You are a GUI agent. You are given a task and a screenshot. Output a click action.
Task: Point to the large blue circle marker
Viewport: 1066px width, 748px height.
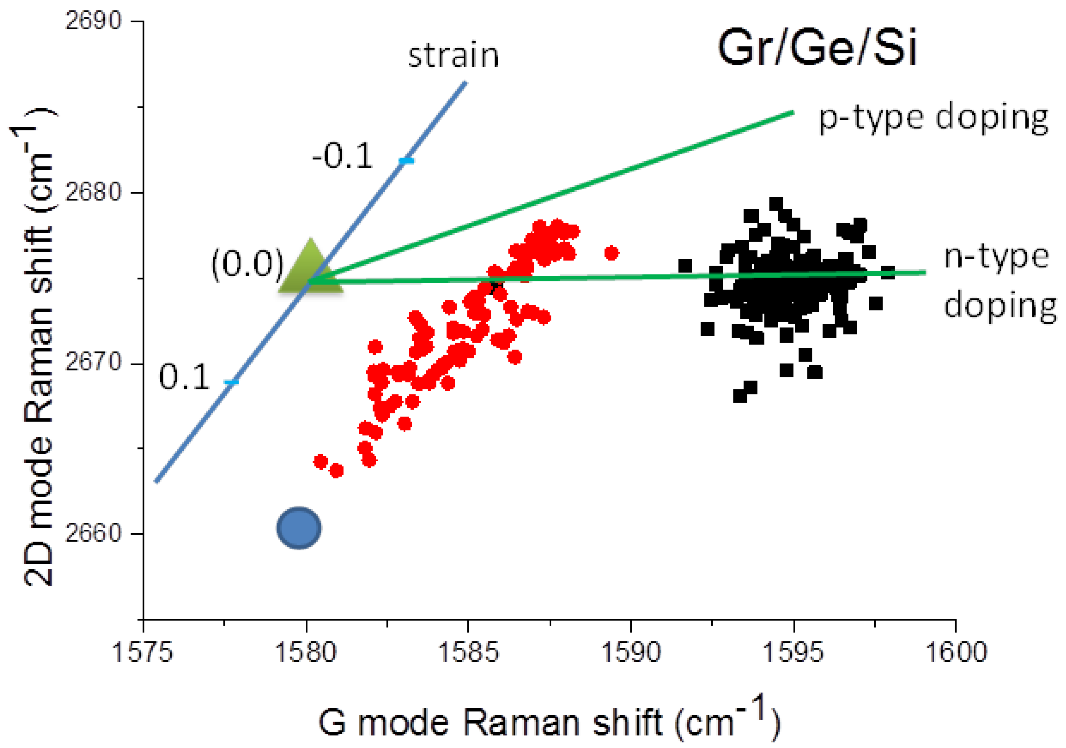pos(299,528)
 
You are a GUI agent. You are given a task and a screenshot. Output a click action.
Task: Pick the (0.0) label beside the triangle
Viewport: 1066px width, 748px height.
pos(247,264)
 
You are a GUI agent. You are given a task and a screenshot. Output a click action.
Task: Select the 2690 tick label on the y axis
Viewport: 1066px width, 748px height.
pos(93,21)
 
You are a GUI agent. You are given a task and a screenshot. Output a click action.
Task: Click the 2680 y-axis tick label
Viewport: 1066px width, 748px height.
pos(93,192)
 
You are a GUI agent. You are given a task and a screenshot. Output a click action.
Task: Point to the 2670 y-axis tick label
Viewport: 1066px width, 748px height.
pos(93,362)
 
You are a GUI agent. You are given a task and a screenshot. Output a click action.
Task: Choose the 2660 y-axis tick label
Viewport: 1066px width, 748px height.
pos(93,533)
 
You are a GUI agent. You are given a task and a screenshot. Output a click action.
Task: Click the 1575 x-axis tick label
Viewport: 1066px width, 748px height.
pos(143,652)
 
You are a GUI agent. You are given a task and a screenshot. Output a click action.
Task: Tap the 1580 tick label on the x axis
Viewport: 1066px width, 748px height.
pos(305,652)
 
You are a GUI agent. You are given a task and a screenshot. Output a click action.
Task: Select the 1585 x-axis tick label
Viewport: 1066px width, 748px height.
pos(468,652)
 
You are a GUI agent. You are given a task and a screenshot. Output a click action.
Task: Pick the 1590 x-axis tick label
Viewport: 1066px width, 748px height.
pos(631,652)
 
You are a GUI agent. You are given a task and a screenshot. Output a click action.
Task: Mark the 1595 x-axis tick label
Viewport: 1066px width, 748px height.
pos(793,652)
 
